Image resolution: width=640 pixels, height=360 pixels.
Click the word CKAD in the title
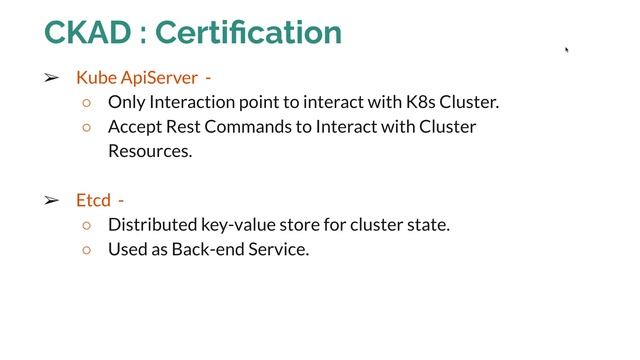[87, 32]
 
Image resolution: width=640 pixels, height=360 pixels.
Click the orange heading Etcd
[93, 200]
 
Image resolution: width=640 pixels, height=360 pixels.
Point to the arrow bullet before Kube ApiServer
[51, 77]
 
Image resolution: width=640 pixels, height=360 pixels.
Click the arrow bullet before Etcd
[51, 200]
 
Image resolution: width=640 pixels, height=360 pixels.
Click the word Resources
[150, 152]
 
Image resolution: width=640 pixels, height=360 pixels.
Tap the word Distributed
[151, 225]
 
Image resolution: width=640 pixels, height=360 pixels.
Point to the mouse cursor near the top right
[567, 48]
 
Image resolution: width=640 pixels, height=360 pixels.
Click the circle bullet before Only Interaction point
[87, 102]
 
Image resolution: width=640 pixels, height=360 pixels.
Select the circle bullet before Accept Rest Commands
[87, 127]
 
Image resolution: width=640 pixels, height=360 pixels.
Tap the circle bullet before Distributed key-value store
[87, 225]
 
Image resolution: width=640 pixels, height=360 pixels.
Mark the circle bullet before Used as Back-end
[87, 250]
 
